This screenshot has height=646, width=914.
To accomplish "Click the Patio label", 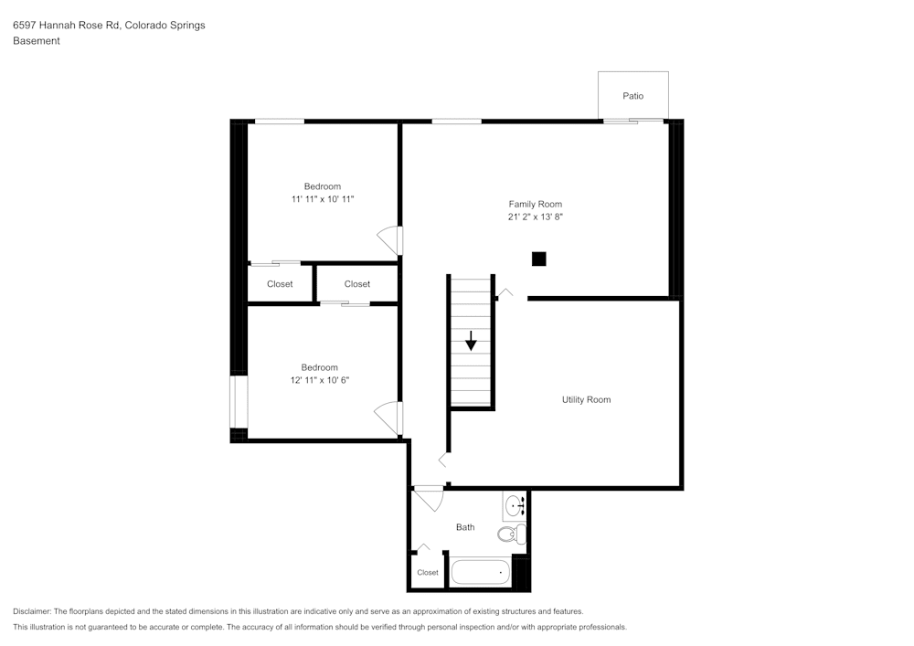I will click(x=632, y=96).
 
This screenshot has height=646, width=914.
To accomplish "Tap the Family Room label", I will click(x=535, y=205).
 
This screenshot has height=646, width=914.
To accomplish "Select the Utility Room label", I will click(x=586, y=400).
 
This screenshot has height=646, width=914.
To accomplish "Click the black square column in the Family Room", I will click(x=539, y=259).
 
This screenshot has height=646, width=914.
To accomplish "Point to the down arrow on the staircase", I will click(x=471, y=341).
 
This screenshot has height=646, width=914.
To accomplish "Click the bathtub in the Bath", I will click(x=481, y=573).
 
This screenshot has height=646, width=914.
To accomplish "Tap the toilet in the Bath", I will click(x=512, y=534).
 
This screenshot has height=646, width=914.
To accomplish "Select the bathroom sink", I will click(x=515, y=504).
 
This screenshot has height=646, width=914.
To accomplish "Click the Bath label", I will click(x=465, y=527).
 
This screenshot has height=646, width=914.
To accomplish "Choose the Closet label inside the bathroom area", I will click(x=427, y=573).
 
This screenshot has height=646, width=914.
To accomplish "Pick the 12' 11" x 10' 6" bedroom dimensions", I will click(x=320, y=380).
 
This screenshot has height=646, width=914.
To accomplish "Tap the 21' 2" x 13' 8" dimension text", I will click(x=535, y=217).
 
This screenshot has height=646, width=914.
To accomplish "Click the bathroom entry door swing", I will click(x=428, y=499).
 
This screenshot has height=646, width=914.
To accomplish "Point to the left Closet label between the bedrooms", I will click(x=280, y=284).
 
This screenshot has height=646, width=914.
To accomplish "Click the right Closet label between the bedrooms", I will click(x=357, y=284).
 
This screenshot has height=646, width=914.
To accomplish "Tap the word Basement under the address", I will click(x=37, y=41).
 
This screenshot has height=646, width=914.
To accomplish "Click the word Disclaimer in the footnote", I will click(x=32, y=611).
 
